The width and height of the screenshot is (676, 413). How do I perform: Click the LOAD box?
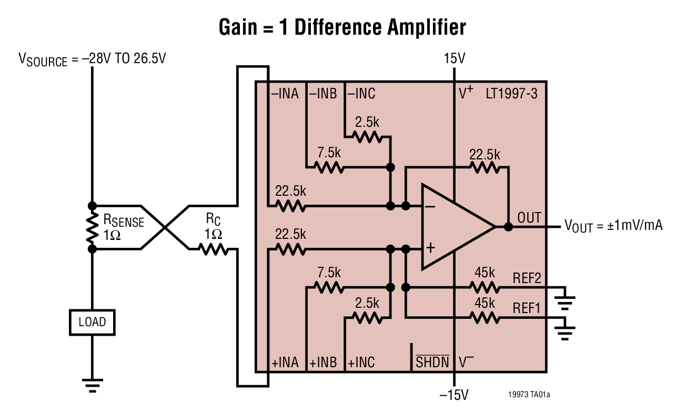pyautogui.click(x=92, y=322)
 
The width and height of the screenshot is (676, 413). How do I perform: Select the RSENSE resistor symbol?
pyautogui.click(x=92, y=227)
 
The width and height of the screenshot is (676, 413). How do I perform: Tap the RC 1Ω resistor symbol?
pyautogui.click(x=213, y=249)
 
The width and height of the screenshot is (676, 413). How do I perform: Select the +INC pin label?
pyautogui.click(x=361, y=362)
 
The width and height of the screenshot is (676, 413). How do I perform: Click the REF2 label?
pyautogui.click(x=527, y=277)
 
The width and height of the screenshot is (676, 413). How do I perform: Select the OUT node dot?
pyautogui.click(x=508, y=227)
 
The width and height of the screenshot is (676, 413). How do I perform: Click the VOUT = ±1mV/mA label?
pyautogui.click(x=613, y=226)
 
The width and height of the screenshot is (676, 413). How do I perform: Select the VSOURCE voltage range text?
pyautogui.click(x=92, y=58)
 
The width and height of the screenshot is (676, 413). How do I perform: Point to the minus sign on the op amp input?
pyautogui.click(x=430, y=207)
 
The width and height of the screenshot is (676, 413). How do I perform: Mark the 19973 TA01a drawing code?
pyautogui.click(x=529, y=394)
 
